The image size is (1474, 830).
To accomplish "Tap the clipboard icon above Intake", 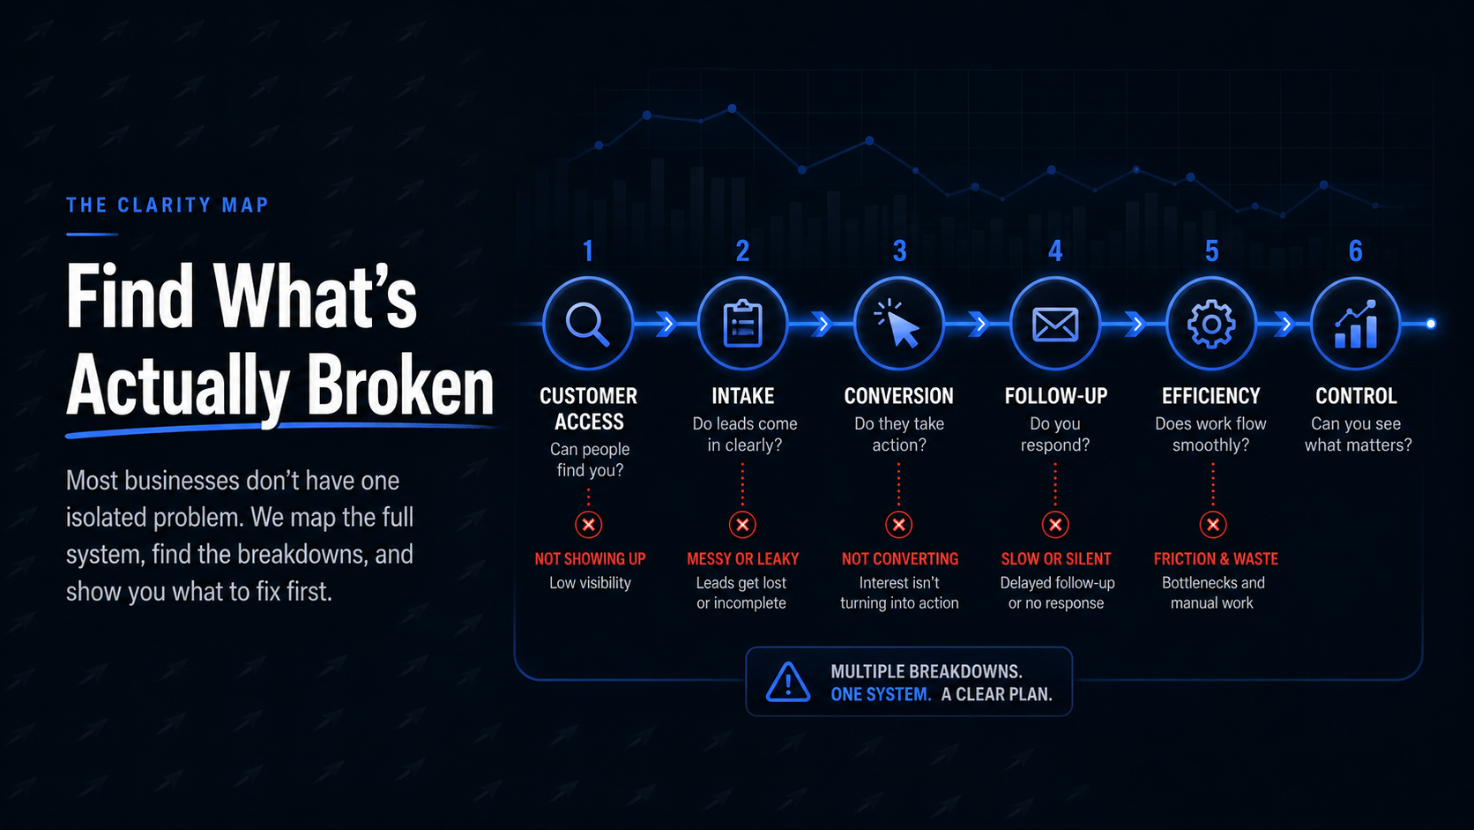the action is (x=743, y=323).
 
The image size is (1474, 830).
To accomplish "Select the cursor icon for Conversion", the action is (x=897, y=323).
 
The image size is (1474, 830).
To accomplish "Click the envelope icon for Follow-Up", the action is (x=1055, y=324).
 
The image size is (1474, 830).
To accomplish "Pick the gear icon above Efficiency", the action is (x=1210, y=324).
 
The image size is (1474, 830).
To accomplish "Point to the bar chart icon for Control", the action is (x=1356, y=324).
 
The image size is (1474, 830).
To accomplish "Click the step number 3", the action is (x=899, y=250).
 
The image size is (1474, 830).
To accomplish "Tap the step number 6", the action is (x=1356, y=250).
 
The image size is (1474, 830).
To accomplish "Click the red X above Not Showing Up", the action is (x=588, y=525).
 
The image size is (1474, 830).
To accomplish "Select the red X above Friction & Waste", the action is (x=1213, y=525).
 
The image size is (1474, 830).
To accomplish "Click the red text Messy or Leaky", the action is (x=742, y=559).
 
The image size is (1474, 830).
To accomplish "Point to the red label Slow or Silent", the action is (x=1055, y=559).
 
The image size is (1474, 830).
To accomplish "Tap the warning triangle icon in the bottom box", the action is (x=787, y=682).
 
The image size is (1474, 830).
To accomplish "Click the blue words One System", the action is (x=881, y=694).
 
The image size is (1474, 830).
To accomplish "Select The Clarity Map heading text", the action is (x=167, y=206).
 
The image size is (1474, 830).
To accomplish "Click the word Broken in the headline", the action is (x=400, y=385).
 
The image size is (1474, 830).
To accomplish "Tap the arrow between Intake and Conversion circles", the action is (x=822, y=324).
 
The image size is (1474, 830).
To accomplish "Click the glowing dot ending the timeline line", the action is (x=1431, y=324).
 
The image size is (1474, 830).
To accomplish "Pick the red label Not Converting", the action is (x=899, y=559).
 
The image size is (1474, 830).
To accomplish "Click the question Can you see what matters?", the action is (x=1358, y=435).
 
